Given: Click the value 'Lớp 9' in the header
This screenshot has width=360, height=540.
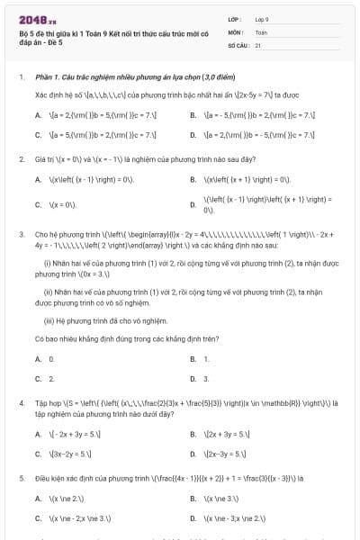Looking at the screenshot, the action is coord(262,18).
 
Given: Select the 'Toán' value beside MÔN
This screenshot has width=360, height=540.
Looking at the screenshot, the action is coord(261,31).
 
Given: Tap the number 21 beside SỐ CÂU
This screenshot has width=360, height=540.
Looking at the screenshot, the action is coord(258,44).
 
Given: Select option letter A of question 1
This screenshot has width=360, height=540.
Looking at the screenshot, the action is coord(38,115).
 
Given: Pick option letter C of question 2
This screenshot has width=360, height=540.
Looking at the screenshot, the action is coord(38,204).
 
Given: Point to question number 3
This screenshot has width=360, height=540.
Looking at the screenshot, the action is coord(21,234).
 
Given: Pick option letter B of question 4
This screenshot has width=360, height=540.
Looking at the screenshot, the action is coord(193,435).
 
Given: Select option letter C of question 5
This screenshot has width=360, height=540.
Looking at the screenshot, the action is coord(38,518).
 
